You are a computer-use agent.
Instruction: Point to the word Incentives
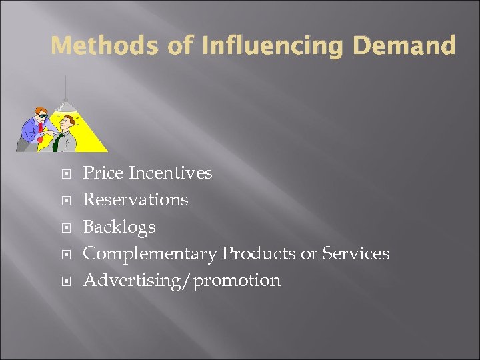coord(170,173)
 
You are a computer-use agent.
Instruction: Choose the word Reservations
coord(135,199)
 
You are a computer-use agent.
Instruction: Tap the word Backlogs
coord(119,227)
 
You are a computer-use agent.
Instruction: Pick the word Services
coord(356,253)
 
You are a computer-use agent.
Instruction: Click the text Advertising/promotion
coord(181,280)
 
